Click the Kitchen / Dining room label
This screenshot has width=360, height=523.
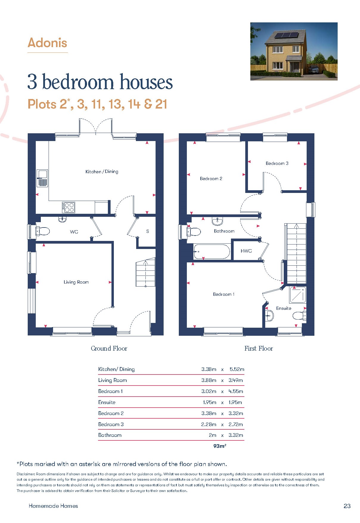click(102, 171)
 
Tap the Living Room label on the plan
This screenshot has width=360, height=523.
click(76, 282)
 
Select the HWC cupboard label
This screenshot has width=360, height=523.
click(246, 251)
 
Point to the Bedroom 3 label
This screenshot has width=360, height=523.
click(277, 163)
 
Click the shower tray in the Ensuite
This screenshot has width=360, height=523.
click(298, 295)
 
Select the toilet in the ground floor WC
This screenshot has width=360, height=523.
click(42, 231)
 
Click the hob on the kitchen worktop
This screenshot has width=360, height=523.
click(69, 207)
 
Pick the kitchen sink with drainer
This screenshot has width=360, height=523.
click(42, 178)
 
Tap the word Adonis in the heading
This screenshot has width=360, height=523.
click(47, 43)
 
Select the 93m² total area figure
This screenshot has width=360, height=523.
click(220, 446)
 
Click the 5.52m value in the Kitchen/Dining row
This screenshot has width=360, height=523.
click(237, 369)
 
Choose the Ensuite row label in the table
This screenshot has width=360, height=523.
click(107, 402)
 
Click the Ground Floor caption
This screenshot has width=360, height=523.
click(109, 348)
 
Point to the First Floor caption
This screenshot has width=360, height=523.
click(259, 348)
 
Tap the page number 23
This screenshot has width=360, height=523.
click(347, 506)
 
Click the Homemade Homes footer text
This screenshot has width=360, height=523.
click(53, 506)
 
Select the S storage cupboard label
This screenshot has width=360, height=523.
click(148, 231)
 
